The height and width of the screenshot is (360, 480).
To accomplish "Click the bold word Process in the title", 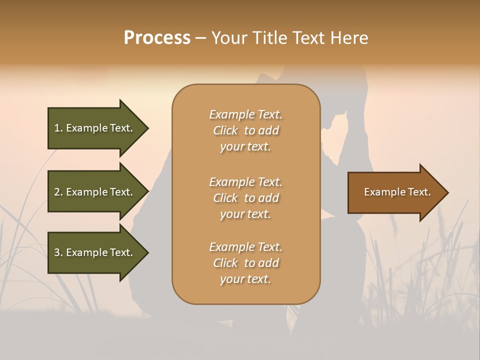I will pos(157,38).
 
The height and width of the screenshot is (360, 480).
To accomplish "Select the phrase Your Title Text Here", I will pos(289,38).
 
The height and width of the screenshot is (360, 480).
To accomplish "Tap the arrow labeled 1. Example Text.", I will pos(93,128).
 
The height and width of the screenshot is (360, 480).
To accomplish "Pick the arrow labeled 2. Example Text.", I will pos(93,192).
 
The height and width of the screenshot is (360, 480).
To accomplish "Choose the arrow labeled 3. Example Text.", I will pos(93,252).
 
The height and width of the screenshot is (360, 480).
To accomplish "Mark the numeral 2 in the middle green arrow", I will pos(57,192).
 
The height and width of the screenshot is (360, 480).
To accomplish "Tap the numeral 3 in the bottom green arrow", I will pos(57,252).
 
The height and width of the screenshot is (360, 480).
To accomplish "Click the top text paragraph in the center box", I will pos(245,130).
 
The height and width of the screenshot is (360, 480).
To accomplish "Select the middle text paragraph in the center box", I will pos(245,198).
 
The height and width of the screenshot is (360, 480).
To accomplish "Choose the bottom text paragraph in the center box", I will pos(245,263).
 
